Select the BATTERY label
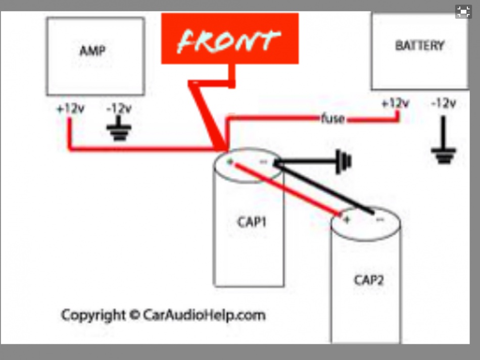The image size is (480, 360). click(419, 45)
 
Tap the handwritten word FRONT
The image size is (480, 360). click(229, 40)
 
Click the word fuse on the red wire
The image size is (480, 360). click(332, 120)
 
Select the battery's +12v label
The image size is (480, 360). click(395, 104)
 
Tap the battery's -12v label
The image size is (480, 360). click(444, 104)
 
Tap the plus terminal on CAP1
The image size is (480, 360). click(230, 162)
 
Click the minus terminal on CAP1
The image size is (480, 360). click(263, 162)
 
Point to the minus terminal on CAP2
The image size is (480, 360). click(379, 220)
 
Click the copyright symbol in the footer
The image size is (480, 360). click(133, 315)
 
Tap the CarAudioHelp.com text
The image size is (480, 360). click(204, 315)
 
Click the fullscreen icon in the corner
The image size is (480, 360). click(463, 13)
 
